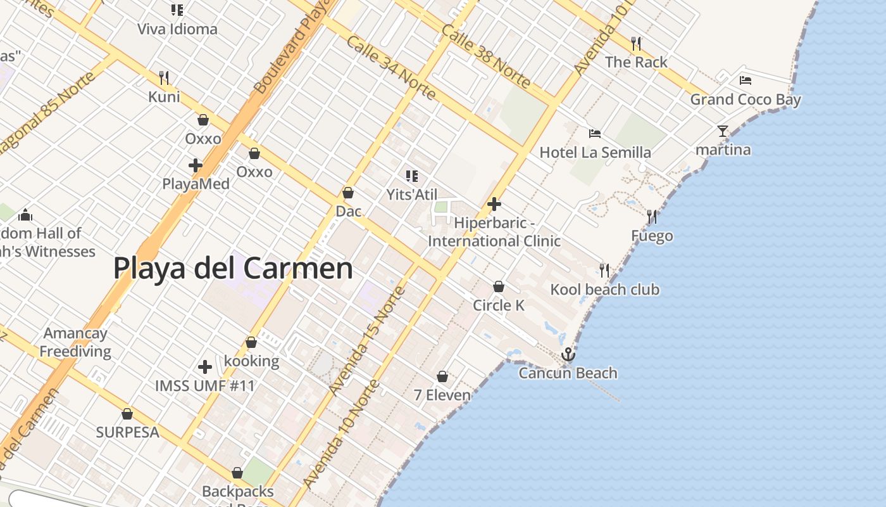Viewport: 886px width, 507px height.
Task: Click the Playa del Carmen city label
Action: (x=233, y=268)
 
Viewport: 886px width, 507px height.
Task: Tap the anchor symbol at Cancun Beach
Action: (x=568, y=354)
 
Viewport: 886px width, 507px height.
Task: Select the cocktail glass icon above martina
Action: (x=723, y=131)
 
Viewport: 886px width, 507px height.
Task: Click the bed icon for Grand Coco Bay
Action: (x=746, y=80)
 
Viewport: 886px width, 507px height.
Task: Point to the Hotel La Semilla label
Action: (x=595, y=153)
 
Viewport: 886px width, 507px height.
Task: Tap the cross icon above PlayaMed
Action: (x=196, y=166)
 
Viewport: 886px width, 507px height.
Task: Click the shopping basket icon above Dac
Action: (x=347, y=193)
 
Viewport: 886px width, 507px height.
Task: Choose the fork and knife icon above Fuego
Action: (x=652, y=217)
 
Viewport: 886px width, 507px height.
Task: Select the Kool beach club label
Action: (x=604, y=290)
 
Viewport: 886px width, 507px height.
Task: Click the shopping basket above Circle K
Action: (x=499, y=286)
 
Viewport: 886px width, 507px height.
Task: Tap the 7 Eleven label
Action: (x=442, y=395)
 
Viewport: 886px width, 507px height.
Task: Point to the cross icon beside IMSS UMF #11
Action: (x=205, y=367)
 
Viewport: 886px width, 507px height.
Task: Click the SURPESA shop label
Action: (x=127, y=432)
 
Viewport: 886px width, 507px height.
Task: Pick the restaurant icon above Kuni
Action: (x=164, y=78)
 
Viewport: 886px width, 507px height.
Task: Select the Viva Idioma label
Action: (x=177, y=29)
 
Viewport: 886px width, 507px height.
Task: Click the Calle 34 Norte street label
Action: (x=391, y=68)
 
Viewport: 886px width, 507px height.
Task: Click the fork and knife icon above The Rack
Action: (x=636, y=44)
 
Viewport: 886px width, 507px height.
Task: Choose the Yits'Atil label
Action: (x=412, y=195)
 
